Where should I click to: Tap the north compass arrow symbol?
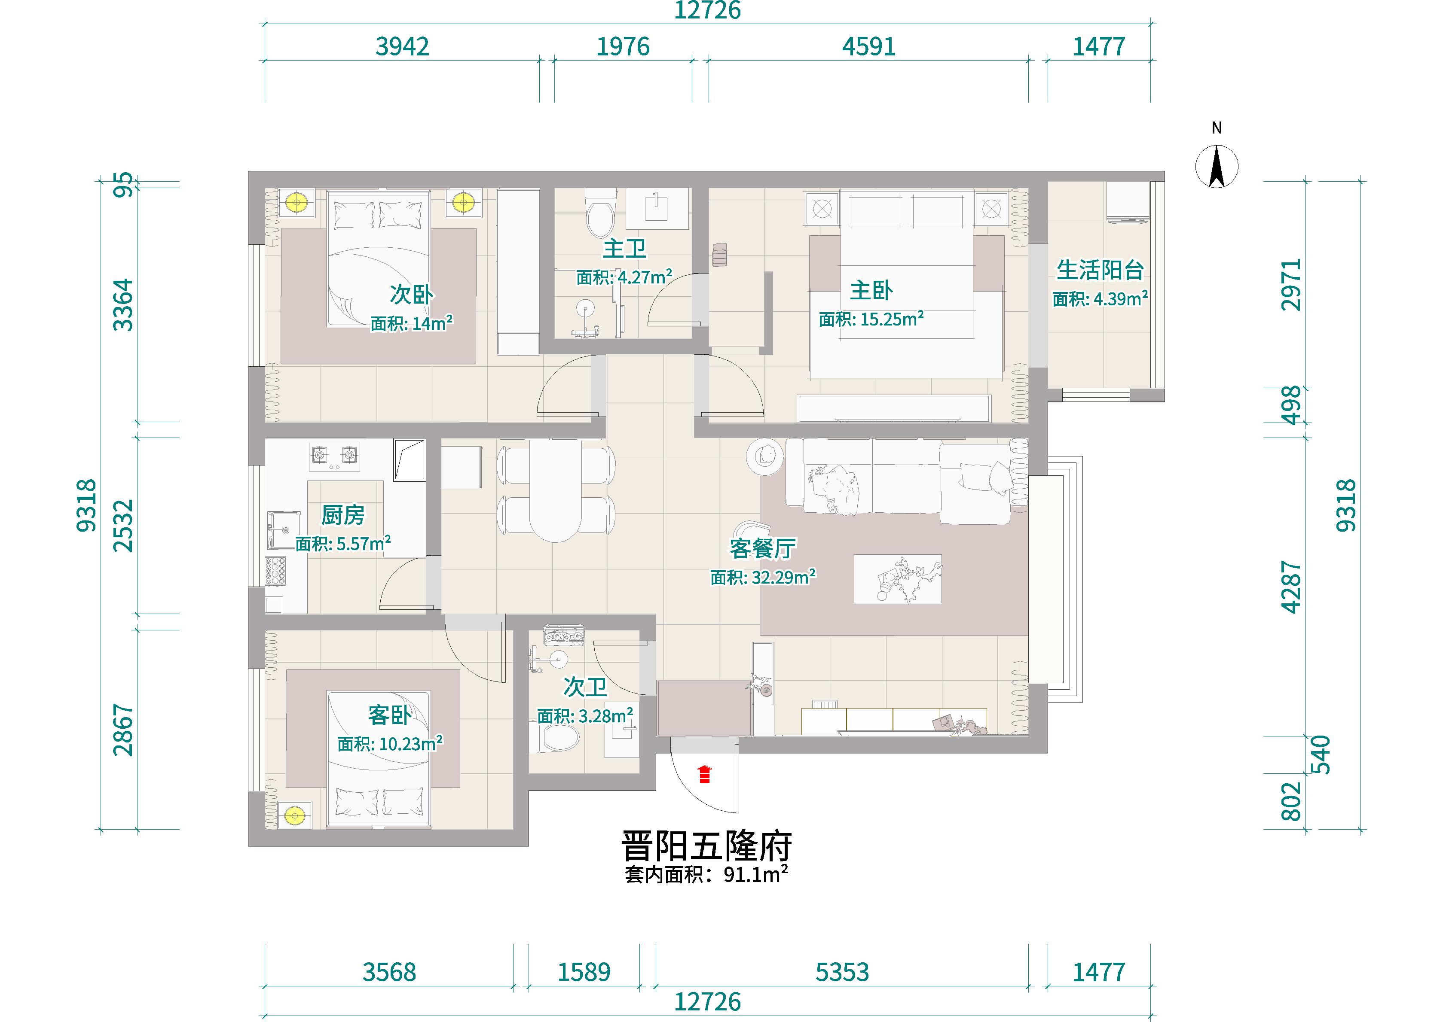click(1217, 166)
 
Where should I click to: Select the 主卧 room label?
click(871, 291)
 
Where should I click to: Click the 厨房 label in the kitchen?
click(343, 515)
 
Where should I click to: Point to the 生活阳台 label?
click(1100, 270)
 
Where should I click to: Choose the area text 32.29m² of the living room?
click(784, 577)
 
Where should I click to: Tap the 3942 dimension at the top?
click(402, 46)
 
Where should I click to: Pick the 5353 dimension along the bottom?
click(842, 972)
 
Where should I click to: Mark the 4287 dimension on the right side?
click(1290, 587)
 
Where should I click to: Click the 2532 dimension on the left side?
click(123, 526)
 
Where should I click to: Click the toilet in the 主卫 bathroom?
click(599, 211)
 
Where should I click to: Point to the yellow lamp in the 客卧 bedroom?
click(294, 815)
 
